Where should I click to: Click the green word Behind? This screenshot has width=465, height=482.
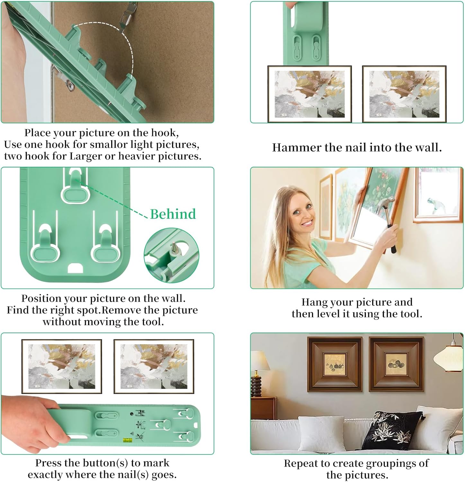coord(173,214)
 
